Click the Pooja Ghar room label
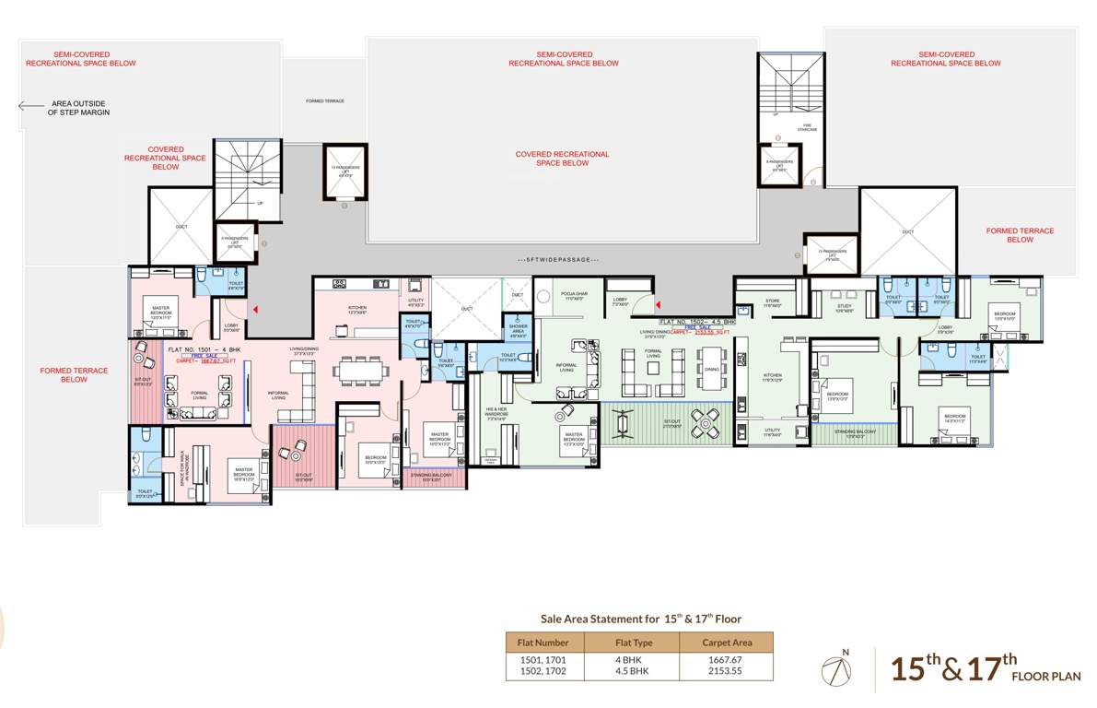tap(574, 297)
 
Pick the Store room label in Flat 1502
tap(773, 302)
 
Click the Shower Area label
tap(518, 328)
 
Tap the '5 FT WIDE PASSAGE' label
tap(559, 260)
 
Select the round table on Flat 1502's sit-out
tap(706, 425)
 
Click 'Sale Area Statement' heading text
tap(639, 619)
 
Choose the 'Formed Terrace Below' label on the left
tap(74, 375)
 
